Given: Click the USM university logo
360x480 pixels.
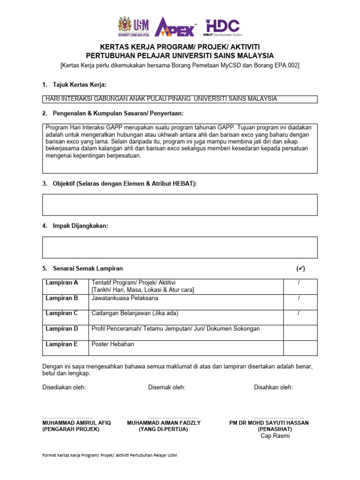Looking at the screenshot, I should pyautogui.click(x=134, y=27).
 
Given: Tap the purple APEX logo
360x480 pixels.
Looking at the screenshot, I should pyautogui.click(x=176, y=27).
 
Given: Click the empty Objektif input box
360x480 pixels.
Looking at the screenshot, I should pyautogui.click(x=180, y=205).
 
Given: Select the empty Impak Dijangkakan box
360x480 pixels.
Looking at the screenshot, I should pyautogui.click(x=180, y=247).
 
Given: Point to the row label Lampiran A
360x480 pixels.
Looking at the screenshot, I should pyautogui.click(x=62, y=283).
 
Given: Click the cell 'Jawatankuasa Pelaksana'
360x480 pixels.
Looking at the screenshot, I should pyautogui.click(x=125, y=298).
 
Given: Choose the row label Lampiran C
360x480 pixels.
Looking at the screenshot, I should pyautogui.click(x=62, y=313).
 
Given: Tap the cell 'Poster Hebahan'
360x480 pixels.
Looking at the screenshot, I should pyautogui.click(x=113, y=344).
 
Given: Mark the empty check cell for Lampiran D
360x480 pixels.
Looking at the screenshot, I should pyautogui.click(x=300, y=332).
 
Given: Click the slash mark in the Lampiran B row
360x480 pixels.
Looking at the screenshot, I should pyautogui.click(x=299, y=298).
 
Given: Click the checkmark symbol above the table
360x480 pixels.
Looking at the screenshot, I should pyautogui.click(x=300, y=269).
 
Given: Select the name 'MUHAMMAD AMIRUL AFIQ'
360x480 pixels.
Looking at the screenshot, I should pyautogui.click(x=77, y=422).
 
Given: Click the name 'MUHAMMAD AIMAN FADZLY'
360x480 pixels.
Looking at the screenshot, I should pyautogui.click(x=164, y=422).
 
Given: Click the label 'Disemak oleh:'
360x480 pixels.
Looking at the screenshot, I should pyautogui.click(x=166, y=387).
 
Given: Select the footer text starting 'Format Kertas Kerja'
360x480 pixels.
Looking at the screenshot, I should pyautogui.click(x=110, y=455).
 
